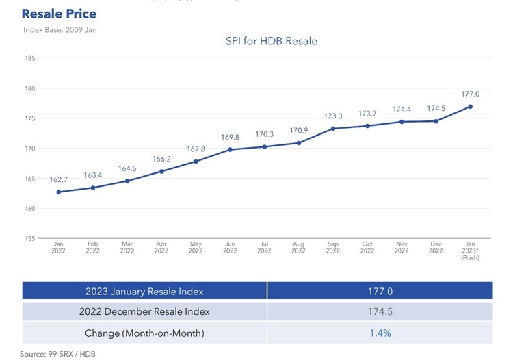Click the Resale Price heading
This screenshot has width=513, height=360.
click(59, 14)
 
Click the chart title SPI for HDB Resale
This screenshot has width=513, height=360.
click(272, 41)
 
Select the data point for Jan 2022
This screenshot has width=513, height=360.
click(59, 192)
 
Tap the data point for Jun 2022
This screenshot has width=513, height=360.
click(230, 149)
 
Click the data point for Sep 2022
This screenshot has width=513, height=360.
click(333, 129)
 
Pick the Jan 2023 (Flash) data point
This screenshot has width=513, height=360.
click(470, 106)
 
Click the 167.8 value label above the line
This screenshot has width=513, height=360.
click(196, 149)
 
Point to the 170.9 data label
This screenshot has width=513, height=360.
click(298, 130)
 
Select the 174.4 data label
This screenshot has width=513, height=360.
click(402, 109)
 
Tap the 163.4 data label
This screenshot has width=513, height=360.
click(93, 175)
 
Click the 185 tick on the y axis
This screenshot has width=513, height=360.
click(30, 58)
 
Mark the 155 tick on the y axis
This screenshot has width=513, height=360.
click(30, 239)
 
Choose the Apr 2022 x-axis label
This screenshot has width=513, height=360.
click(161, 248)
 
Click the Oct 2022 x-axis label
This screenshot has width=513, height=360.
click(367, 248)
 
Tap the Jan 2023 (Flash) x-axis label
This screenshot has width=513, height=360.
click(470, 250)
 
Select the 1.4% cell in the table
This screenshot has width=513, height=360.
click(380, 333)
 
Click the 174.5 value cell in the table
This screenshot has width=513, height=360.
click(380, 311)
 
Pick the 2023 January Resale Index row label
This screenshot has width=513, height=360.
click(144, 291)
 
